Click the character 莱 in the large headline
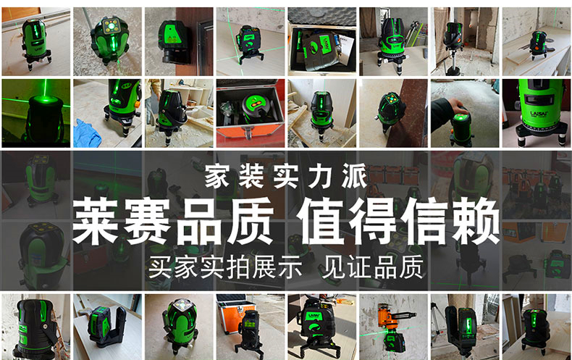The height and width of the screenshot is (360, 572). click(x=95, y=221)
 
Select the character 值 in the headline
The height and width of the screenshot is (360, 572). click(x=321, y=221)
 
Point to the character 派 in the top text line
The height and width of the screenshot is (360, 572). click(x=355, y=175)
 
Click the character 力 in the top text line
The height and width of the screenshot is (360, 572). click(x=320, y=175)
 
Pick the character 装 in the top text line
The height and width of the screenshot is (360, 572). click(x=251, y=175)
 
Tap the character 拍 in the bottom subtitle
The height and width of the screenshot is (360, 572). click(x=237, y=267)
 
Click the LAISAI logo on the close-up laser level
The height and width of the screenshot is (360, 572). click(x=539, y=113)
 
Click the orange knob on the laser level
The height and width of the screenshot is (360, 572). click(x=137, y=104)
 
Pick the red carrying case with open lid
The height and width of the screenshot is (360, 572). click(x=250, y=113)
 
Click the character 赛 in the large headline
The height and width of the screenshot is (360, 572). click(x=147, y=221)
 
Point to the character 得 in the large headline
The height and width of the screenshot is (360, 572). click(x=374, y=221)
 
